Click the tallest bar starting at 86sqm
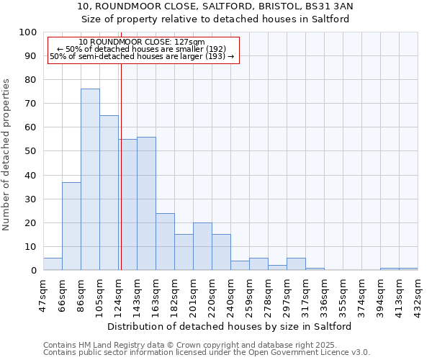(90, 179)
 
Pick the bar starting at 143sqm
(146, 203)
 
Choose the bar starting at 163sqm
(165, 241)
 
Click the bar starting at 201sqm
(202, 246)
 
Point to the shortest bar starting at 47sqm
(53, 264)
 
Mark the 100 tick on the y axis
(28, 32)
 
